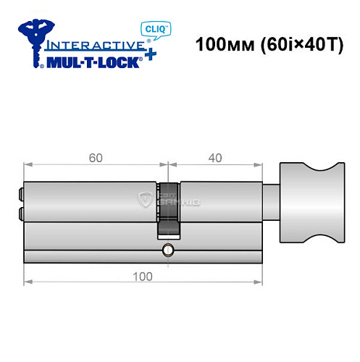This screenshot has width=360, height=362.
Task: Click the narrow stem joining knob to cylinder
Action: pyautogui.click(x=269, y=201)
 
